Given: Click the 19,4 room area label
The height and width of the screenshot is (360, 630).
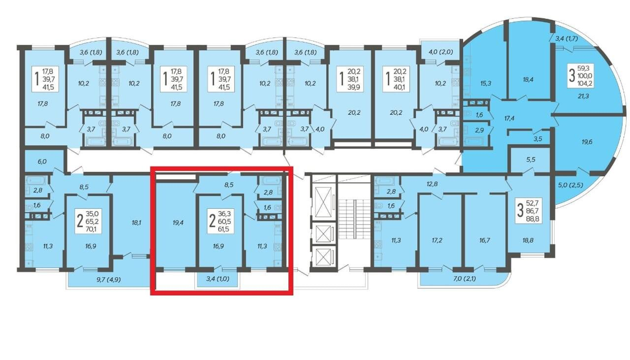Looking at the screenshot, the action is (x=177, y=222).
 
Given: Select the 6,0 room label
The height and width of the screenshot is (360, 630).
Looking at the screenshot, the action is (x=42, y=161).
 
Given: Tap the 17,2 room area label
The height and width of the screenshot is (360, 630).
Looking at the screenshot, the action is (x=437, y=240).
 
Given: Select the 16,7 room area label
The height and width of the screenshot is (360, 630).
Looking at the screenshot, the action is (x=485, y=240).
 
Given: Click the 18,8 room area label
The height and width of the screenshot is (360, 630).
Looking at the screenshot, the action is (x=528, y=240).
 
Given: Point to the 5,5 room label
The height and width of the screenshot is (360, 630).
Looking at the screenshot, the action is (x=531, y=159).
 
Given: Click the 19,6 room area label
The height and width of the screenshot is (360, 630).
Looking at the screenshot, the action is (x=587, y=142).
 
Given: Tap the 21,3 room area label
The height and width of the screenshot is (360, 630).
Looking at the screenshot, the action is (x=583, y=96).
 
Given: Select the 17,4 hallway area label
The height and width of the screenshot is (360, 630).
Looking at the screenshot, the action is (x=509, y=118).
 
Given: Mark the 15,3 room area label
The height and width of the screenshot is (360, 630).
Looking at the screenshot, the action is (x=485, y=83).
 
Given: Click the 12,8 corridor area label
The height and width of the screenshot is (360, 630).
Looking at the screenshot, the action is (x=432, y=184).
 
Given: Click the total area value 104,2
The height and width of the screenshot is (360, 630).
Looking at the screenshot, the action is (x=585, y=83).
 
